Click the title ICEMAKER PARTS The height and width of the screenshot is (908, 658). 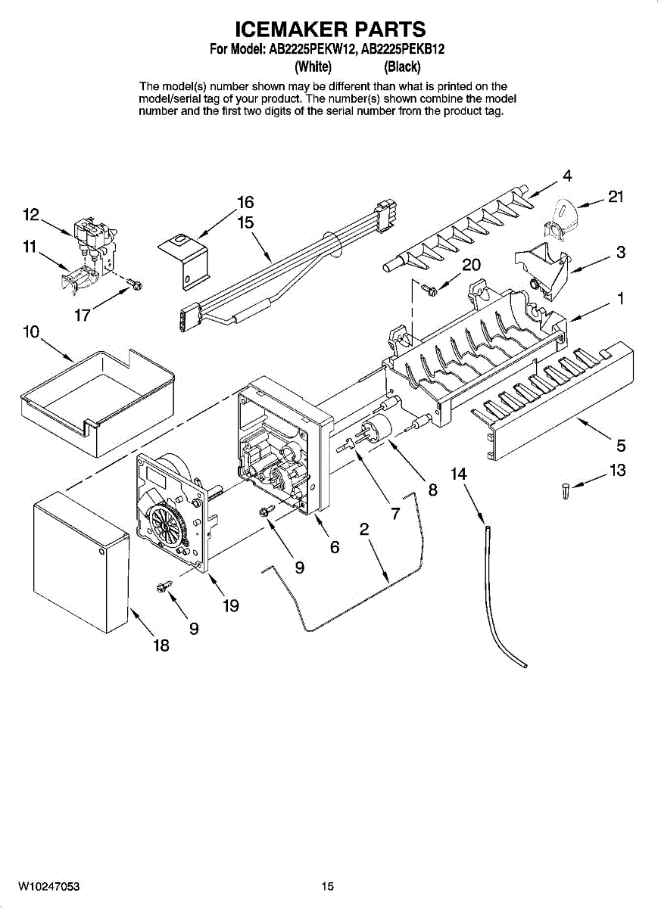(330, 30)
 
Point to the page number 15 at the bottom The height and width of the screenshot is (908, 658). (327, 886)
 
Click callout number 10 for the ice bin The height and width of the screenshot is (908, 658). (31, 331)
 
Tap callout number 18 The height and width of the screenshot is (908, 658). (161, 645)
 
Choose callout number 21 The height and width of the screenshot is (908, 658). (616, 197)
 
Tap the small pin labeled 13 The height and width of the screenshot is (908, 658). (565, 491)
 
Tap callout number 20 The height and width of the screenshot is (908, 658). (471, 265)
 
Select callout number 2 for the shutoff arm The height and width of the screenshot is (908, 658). (363, 530)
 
